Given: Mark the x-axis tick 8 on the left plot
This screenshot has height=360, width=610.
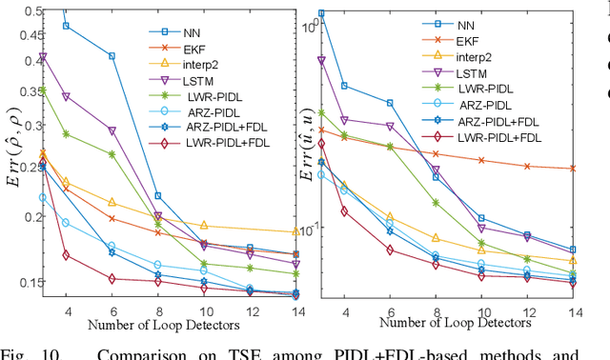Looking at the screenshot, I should click(158, 312).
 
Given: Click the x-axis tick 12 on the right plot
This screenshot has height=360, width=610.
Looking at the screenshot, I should click(526, 312).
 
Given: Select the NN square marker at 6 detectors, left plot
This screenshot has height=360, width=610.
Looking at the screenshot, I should click(112, 56).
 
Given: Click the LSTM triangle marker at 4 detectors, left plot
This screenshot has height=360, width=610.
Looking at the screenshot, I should click(67, 96).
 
